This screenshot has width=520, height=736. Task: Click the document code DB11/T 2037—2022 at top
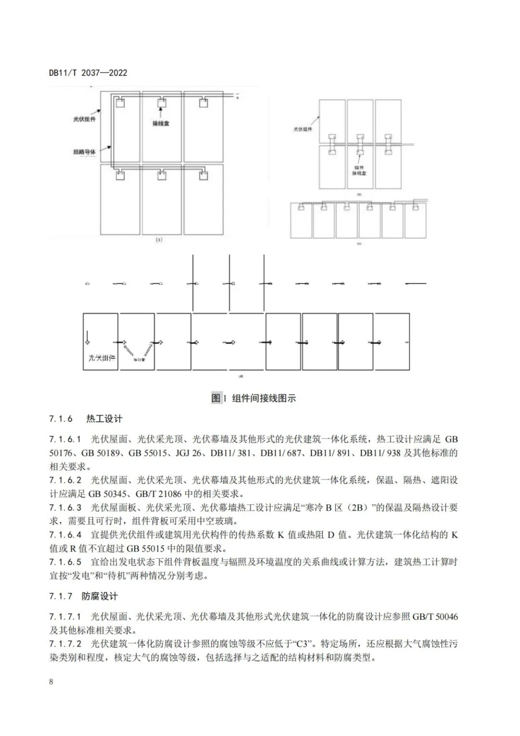tap(88, 73)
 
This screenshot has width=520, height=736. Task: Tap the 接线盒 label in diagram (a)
tap(161, 123)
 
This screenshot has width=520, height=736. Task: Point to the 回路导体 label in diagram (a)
tap(84, 152)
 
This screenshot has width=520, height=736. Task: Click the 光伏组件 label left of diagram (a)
tap(84, 119)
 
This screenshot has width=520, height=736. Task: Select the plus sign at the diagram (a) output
tap(237, 98)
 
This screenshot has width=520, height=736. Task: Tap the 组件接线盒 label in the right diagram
tap(359, 170)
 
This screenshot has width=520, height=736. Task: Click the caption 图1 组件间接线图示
tap(254, 398)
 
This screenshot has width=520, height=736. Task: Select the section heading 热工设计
tap(104, 419)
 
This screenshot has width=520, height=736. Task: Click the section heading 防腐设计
tap(100, 596)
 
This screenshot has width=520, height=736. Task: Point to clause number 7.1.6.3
tap(65, 508)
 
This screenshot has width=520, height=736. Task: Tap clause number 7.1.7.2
tap(65, 644)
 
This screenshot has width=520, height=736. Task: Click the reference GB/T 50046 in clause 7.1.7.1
tap(435, 617)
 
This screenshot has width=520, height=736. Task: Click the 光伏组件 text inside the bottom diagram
tap(102, 358)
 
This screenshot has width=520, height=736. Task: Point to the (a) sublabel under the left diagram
tap(159, 239)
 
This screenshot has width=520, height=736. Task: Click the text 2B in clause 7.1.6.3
tap(356, 508)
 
